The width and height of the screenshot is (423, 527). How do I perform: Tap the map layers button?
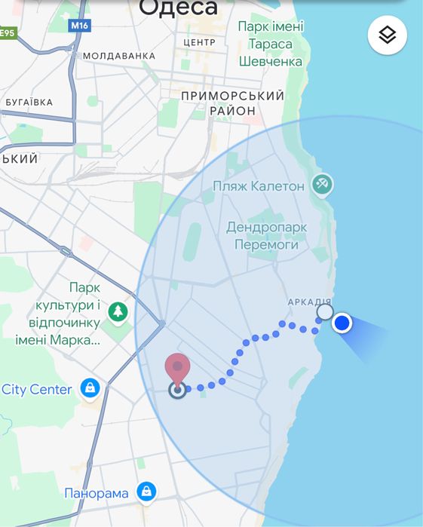388,35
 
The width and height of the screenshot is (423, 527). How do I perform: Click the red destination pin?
177,369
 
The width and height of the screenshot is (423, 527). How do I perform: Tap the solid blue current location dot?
342,323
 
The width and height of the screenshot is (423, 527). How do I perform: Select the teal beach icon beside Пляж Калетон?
323,183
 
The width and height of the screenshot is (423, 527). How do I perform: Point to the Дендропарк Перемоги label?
262,235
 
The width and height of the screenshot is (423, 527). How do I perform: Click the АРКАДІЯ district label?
309,302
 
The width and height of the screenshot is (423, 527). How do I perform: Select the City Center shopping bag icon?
90,389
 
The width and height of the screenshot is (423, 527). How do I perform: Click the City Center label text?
37,390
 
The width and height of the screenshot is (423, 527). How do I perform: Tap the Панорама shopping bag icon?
146,492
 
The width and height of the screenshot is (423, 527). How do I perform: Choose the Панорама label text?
96,494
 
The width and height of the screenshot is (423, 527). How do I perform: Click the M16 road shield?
79,26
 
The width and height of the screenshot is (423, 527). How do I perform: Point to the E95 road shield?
8,32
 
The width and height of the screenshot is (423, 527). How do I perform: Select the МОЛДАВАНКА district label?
118,56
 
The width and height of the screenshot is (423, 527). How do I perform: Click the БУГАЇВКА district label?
29,102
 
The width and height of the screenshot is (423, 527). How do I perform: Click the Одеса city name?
179,8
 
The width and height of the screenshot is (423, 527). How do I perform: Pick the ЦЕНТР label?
199,42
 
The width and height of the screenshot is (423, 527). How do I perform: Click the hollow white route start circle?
324,312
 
